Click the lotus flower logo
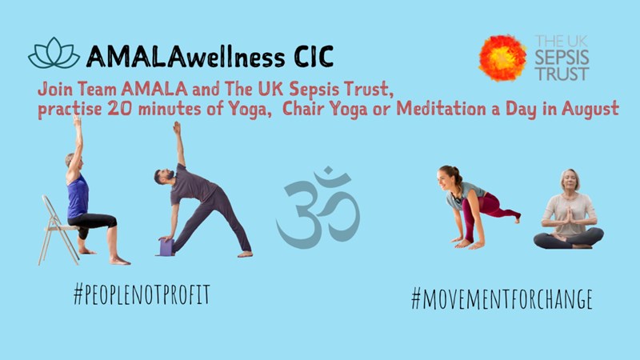54,53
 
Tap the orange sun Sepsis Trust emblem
503,58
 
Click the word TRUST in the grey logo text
562,74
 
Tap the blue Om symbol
318,207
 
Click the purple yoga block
166,247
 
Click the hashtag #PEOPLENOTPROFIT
142,294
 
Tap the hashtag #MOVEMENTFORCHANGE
502,298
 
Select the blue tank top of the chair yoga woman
78,196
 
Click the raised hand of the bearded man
177,127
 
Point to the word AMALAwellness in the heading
186,56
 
